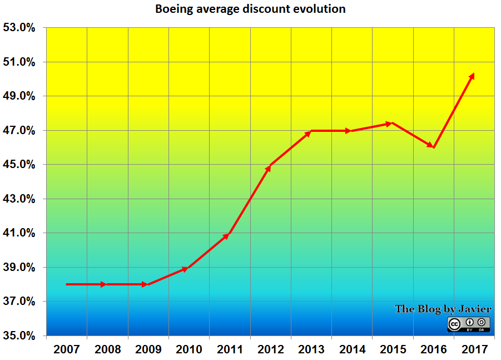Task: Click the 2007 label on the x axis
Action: (x=66, y=349)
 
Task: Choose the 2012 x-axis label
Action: (x=270, y=349)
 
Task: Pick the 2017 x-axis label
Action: (x=474, y=349)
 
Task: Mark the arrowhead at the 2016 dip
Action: (x=431, y=146)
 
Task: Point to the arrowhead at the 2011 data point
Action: (x=226, y=236)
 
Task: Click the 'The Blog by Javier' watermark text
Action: (x=443, y=309)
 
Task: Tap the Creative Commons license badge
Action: (x=468, y=324)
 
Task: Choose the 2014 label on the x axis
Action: (x=351, y=349)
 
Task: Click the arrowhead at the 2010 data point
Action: (x=186, y=269)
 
